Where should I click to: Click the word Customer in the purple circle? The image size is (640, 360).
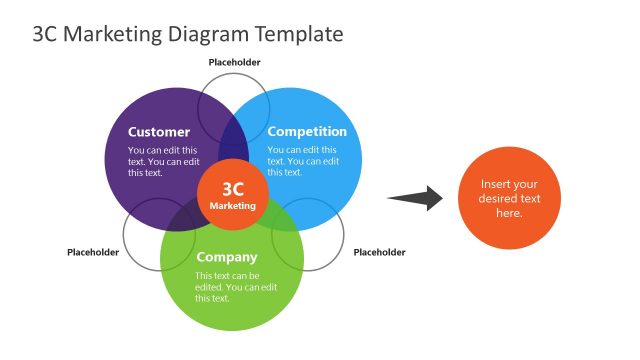click(159, 132)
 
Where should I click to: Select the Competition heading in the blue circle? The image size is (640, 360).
click(307, 132)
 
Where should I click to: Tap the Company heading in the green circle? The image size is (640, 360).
click(226, 257)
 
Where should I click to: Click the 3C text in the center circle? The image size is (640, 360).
click(232, 188)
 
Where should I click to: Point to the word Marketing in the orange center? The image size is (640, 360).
click(232, 206)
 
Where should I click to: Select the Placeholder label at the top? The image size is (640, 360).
click(235, 62)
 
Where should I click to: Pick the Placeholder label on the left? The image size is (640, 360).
click(93, 252)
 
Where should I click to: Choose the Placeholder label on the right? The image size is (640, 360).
click(380, 252)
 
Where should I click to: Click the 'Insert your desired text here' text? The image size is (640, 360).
click(509, 198)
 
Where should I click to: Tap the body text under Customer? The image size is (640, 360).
click(163, 161)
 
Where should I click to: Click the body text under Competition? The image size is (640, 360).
click(303, 161)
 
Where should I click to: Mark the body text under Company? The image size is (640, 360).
click(235, 286)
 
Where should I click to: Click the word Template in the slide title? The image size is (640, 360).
click(298, 34)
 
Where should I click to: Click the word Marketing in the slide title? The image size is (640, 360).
click(111, 34)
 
